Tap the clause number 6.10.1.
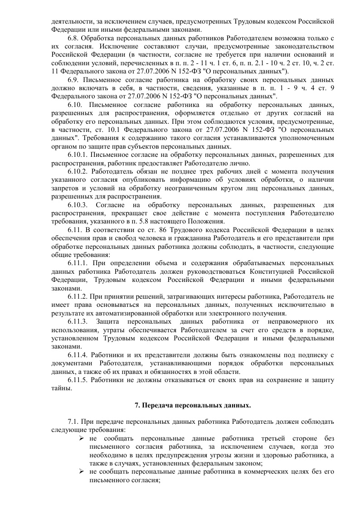(78, 155)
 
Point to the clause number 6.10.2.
(78, 172)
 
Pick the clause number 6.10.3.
(78, 205)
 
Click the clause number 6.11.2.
(78, 297)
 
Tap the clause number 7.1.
(73, 422)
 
